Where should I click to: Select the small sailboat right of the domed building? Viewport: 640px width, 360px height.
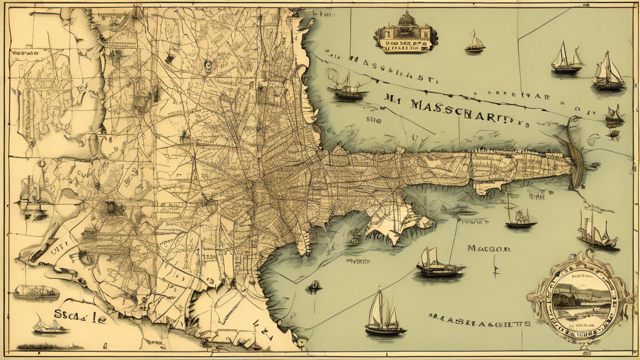[x=476, y=42]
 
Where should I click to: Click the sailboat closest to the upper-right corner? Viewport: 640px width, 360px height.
[x=608, y=72]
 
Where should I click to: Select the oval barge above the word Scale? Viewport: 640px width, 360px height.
[x=36, y=291]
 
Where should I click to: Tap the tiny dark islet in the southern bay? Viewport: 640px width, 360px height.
[x=314, y=287]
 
